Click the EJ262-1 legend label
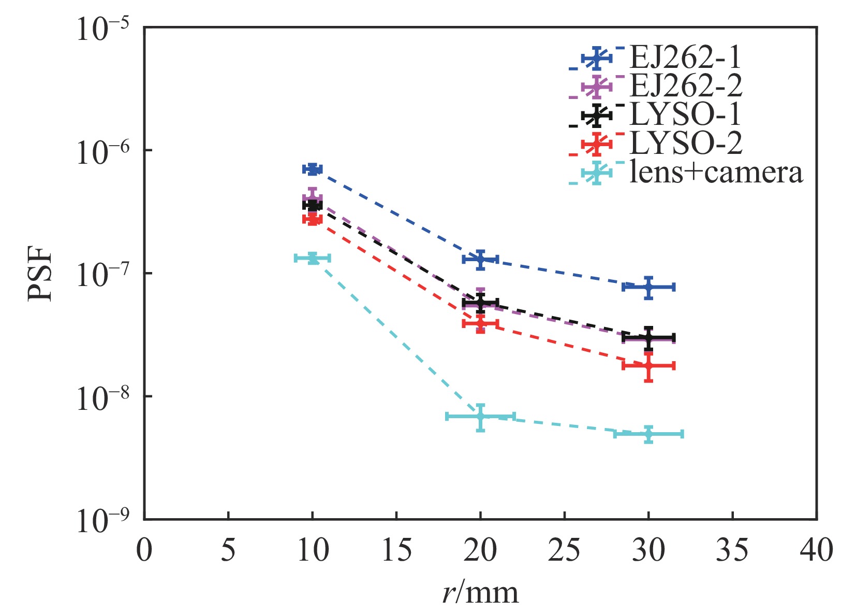tap(685, 58)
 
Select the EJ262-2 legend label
tap(685, 86)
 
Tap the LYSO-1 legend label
tap(685, 115)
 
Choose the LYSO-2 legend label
tap(685, 143)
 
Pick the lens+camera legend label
tap(716, 172)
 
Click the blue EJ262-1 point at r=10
tap(313, 169)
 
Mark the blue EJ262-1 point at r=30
tap(648, 287)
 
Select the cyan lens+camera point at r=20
tap(480, 417)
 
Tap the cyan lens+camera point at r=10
tap(313, 258)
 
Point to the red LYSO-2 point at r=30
tap(648, 366)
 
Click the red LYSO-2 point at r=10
tap(313, 219)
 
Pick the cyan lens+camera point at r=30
tap(648, 434)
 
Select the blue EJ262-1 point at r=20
tap(480, 259)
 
